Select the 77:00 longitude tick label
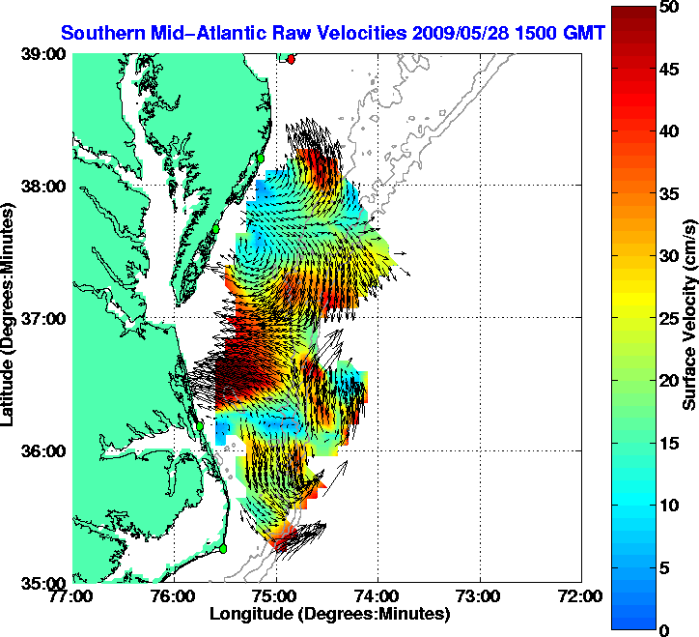coord(73,596)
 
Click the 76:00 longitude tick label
coord(175,596)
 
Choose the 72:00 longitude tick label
coord(582,596)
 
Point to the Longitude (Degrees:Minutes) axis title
coord(328,614)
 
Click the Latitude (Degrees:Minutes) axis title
coord(11,319)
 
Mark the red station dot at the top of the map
coord(292,59)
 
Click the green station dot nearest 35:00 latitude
coord(223,548)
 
